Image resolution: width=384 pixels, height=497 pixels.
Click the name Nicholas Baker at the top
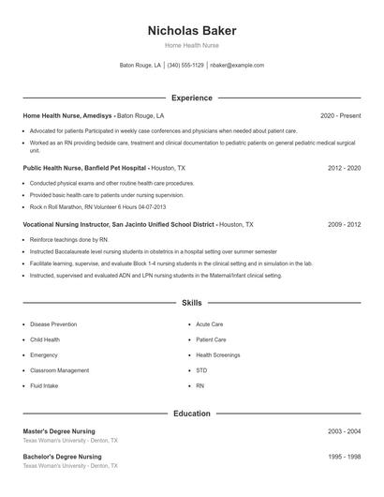pos(191,29)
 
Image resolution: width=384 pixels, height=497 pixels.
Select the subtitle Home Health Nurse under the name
pos(191,45)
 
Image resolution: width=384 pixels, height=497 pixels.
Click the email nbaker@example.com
pos(237,66)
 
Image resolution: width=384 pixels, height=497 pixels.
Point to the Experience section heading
pos(191,98)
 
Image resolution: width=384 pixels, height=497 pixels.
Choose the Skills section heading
pos(191,303)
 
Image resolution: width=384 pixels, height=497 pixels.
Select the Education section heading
pos(191,413)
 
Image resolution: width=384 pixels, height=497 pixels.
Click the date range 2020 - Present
pos(340,115)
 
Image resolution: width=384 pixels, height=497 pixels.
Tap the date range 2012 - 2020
pos(344,168)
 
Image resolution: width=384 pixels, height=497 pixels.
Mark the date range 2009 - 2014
pos(344,225)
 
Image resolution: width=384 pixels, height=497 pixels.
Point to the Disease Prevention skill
pos(53,324)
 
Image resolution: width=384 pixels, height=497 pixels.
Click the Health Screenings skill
pos(218,355)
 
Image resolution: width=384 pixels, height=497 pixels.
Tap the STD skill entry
pos(201,370)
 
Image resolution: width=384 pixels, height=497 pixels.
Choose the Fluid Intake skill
pos(45,385)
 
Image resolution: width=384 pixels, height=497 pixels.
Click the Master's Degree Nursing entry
pos(63,430)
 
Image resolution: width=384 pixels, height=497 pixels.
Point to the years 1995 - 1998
pos(344,457)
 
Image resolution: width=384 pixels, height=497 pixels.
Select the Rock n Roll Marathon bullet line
pos(97,206)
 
